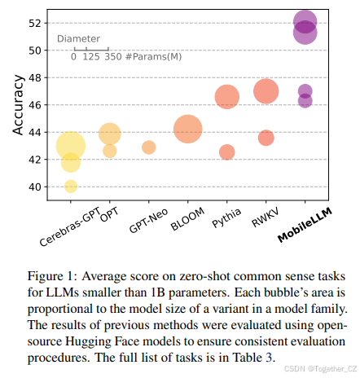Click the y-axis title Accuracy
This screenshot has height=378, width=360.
click(x=19, y=105)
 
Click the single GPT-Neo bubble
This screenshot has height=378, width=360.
click(x=149, y=147)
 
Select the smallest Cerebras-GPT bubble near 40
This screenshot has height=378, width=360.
click(x=71, y=187)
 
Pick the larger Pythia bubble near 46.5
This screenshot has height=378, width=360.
click(x=227, y=97)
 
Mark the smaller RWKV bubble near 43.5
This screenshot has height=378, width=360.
click(x=266, y=138)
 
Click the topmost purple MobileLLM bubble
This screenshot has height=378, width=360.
click(x=305, y=21)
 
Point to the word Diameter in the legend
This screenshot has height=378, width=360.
click(x=79, y=38)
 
